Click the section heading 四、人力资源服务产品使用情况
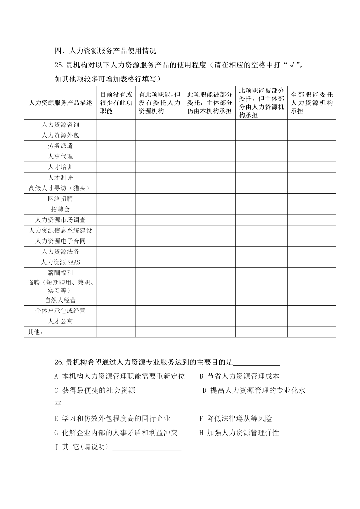105,51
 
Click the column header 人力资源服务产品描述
60,103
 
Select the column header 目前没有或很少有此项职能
116,103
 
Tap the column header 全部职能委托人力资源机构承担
312,103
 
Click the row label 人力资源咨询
60,125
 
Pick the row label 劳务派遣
60,146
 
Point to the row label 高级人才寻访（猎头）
60,188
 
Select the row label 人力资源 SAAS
60,262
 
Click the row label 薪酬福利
60,273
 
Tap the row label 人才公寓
60,321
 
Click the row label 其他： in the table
35,332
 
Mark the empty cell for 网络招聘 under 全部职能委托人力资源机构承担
312,199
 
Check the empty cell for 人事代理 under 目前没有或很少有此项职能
116,157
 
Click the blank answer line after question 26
256,363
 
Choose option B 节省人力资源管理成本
239,376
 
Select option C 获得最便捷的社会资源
95,390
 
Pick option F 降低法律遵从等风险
236,419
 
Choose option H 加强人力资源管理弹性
239,433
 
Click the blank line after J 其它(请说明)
147,447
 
